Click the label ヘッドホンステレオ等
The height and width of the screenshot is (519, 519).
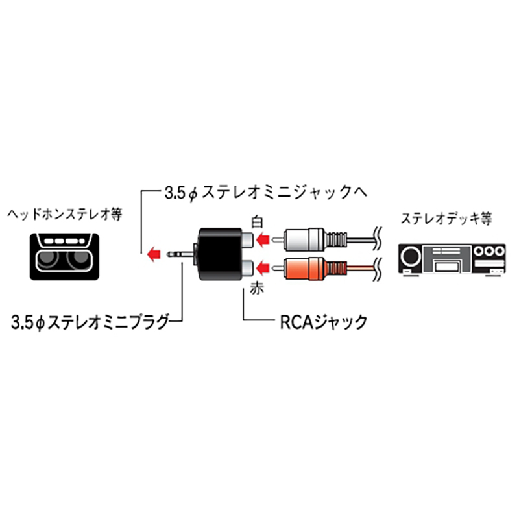65,215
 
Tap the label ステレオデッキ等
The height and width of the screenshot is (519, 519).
446,219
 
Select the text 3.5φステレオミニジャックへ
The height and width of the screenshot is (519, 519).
266,193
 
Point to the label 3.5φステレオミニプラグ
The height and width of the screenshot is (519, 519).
90,322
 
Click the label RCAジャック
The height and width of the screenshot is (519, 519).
324,322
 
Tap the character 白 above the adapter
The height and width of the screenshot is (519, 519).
257,222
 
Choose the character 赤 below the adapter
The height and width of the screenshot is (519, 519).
257,288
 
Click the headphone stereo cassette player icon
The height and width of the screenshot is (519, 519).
64,256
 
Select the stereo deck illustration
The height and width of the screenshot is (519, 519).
452,259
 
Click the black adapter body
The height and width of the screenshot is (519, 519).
219,254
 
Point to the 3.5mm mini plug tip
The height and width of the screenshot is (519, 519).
170,254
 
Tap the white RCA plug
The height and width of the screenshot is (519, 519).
309,239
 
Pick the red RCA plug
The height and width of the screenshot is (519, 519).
309,268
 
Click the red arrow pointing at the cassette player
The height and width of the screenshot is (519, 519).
154,254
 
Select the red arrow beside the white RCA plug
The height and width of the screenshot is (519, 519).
263,239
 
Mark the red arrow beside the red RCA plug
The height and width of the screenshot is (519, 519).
263,268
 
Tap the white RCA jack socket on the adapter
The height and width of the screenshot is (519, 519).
247,239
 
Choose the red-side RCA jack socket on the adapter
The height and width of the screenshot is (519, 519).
247,269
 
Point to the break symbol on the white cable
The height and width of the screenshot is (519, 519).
378,238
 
